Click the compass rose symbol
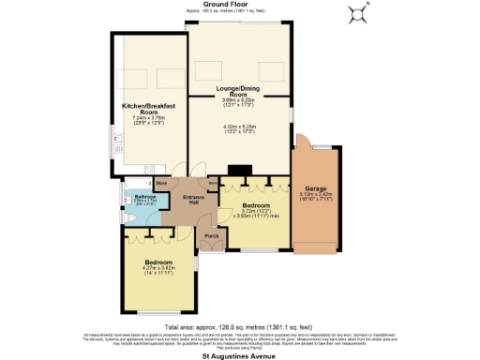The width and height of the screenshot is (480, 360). tap(357, 13)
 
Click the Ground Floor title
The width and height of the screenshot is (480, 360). tap(240, 6)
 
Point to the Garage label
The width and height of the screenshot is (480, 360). tap(315, 187)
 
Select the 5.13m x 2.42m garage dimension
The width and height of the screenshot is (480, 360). tap(315, 196)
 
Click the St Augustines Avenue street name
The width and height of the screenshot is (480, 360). tap(240, 356)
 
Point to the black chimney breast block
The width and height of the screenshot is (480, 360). tap(241, 171)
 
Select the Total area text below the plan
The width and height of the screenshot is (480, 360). tap(240, 327)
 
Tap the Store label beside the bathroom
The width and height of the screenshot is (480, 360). tap(162, 182)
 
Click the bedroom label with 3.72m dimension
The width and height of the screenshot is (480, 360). tap(256, 205)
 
